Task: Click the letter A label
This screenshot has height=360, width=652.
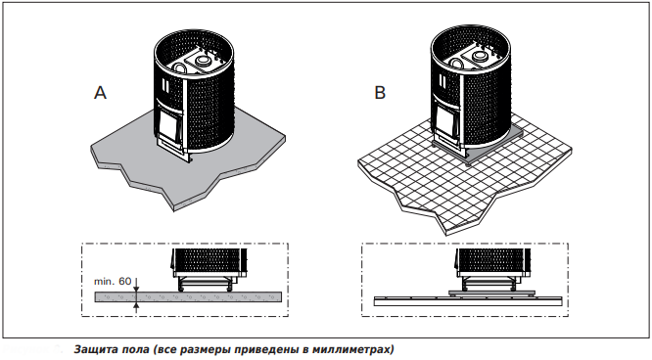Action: click(x=100, y=93)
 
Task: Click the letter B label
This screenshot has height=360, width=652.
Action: click(x=380, y=92)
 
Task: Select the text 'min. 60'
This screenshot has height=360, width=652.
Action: click(x=113, y=282)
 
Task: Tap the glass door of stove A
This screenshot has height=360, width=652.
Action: click(x=168, y=126)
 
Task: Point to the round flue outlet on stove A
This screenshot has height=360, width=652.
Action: click(x=204, y=61)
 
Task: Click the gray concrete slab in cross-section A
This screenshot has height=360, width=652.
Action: click(x=188, y=296)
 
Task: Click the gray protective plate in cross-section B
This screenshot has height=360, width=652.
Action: click(x=491, y=292)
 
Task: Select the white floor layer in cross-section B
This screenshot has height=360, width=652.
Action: click(x=468, y=301)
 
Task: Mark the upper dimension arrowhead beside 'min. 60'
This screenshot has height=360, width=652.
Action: click(x=136, y=289)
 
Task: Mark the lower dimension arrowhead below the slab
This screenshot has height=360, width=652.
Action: click(x=136, y=304)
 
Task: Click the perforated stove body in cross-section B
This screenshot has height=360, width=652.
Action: click(x=492, y=260)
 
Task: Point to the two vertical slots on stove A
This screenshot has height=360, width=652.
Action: click(x=165, y=85)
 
